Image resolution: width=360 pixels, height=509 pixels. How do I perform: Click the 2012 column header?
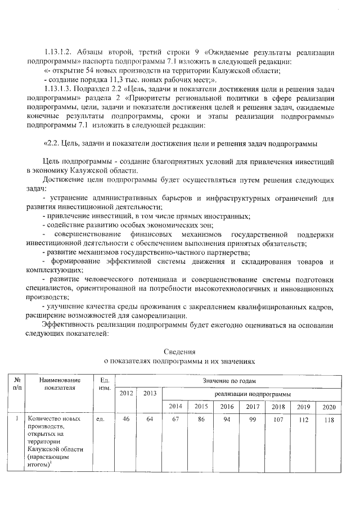pos(127,393)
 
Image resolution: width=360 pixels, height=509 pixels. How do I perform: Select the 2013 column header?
pos(150,393)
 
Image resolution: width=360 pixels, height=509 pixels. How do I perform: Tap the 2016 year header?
pos(227,406)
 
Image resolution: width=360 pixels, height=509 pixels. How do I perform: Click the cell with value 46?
pos(127,419)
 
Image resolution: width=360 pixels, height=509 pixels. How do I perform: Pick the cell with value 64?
pos(150,419)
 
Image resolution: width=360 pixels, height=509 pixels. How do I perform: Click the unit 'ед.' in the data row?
pos(101,419)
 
